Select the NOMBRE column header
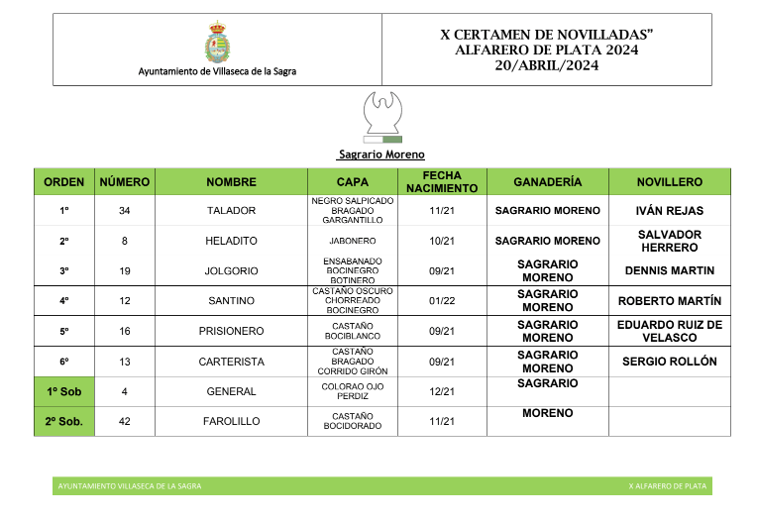click(x=231, y=182)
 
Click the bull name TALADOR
click(x=231, y=211)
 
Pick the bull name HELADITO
click(x=231, y=241)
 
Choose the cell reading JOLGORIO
click(x=231, y=270)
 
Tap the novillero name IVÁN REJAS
click(x=669, y=211)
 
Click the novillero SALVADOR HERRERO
click(x=669, y=241)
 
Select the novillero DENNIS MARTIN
click(x=669, y=270)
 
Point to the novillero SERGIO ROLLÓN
click(x=669, y=362)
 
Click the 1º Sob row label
click(x=64, y=391)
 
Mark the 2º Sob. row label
click(x=64, y=421)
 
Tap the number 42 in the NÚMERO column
click(x=125, y=421)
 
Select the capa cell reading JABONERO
click(x=353, y=241)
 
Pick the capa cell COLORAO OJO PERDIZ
click(x=353, y=391)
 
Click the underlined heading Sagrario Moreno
click(x=380, y=155)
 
